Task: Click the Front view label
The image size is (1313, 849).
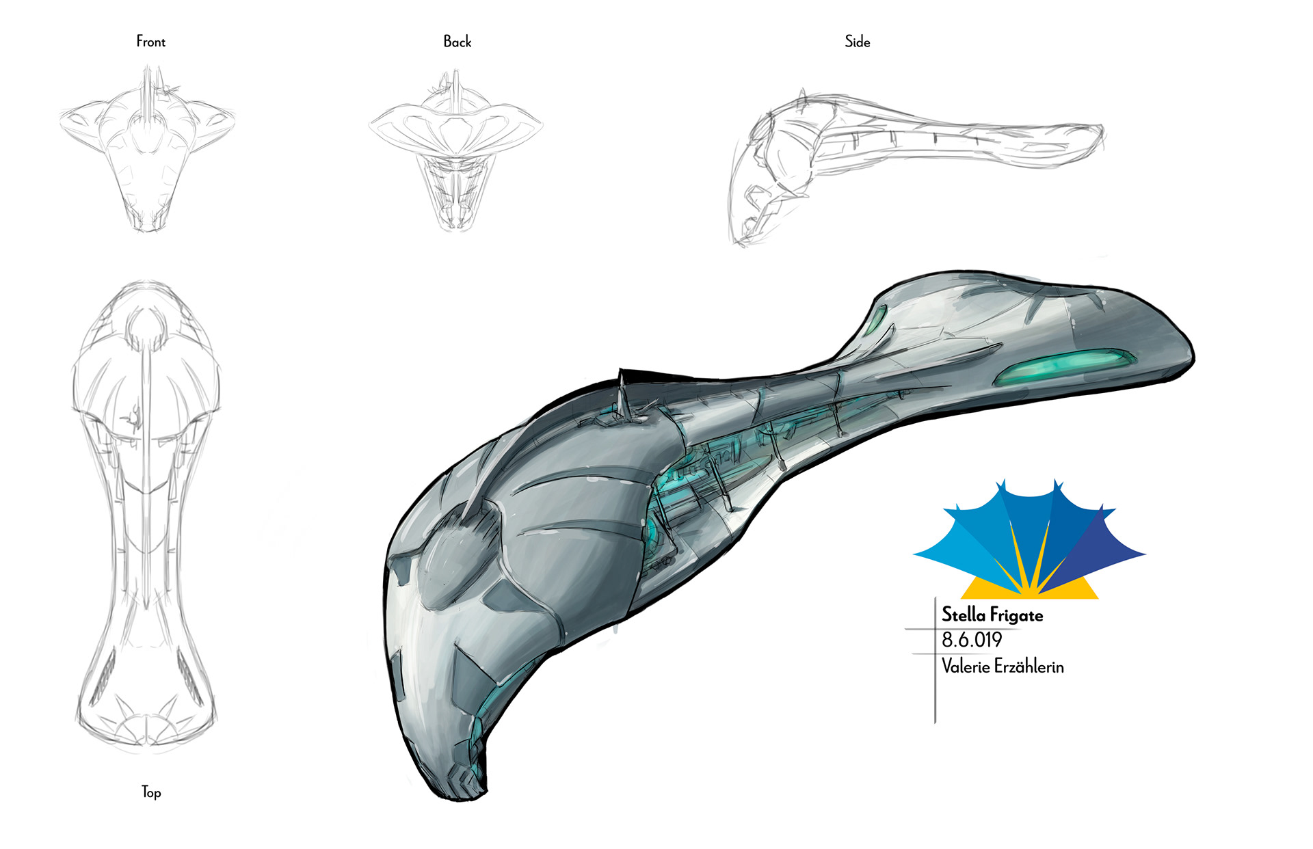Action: [150, 42]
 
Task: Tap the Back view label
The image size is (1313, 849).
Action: [457, 42]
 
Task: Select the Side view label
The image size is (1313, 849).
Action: [857, 42]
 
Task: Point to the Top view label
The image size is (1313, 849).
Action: [151, 792]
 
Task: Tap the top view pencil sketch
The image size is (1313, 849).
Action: [146, 513]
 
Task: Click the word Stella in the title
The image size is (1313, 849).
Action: [964, 615]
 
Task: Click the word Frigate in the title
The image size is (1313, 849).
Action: [1016, 615]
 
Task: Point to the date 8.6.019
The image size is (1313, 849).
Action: [971, 640]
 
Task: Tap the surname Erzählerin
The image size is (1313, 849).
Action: [1029, 666]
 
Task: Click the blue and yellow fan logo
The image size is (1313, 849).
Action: [1029, 540]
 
